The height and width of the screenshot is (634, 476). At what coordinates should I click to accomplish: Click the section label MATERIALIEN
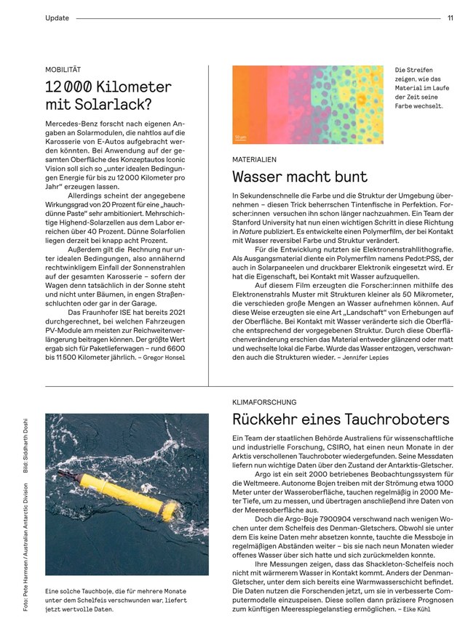(x=254, y=158)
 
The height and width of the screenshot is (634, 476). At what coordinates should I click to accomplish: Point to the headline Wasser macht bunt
(x=299, y=177)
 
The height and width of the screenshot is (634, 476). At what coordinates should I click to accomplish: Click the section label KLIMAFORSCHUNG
(x=263, y=401)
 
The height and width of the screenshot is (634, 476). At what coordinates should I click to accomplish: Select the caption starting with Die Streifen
(x=419, y=87)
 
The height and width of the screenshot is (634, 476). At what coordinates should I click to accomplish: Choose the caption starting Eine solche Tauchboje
(x=116, y=600)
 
